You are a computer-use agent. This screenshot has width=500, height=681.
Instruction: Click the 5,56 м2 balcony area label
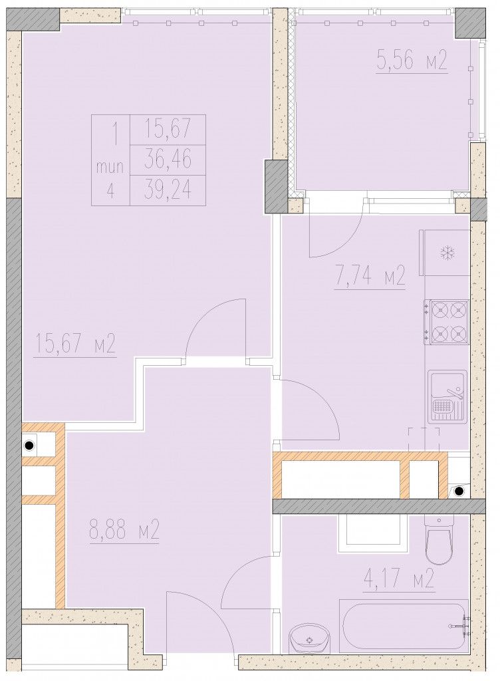[x=412, y=61]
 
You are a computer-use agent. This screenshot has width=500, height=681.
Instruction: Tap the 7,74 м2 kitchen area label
[x=370, y=275]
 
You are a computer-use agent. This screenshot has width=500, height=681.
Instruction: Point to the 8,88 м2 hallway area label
[x=124, y=530]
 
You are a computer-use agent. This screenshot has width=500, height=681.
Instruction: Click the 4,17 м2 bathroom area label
[x=399, y=579]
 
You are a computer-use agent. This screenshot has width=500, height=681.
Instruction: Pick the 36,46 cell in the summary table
[x=168, y=160]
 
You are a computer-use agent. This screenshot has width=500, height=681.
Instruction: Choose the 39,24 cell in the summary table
[x=168, y=190]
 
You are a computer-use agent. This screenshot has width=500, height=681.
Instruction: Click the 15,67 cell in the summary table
[x=168, y=129]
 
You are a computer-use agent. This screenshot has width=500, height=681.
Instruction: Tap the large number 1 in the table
[x=114, y=134]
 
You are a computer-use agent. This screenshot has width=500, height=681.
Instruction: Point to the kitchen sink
[x=447, y=396]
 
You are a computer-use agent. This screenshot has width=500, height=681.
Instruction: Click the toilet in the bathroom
[x=439, y=540]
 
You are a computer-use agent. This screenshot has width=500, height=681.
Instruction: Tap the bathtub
[x=404, y=625]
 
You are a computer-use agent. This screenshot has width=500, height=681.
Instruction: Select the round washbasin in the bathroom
[x=309, y=639]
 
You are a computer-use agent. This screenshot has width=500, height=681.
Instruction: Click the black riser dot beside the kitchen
[x=459, y=491]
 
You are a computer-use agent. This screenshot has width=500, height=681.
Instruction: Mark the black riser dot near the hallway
[x=29, y=445]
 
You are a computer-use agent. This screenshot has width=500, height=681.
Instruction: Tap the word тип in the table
[x=110, y=167]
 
